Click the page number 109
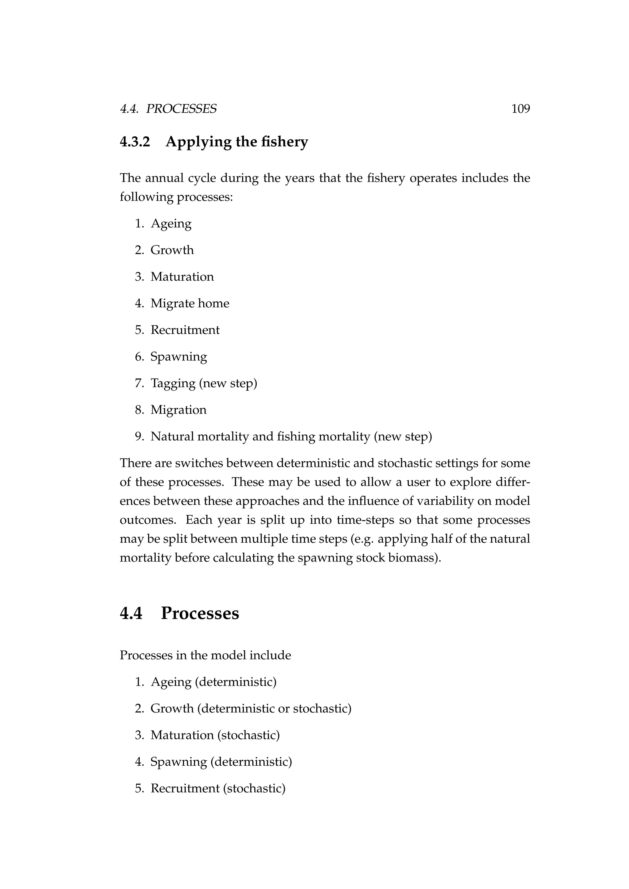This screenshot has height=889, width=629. [x=520, y=109]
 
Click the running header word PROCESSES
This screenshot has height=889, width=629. [x=181, y=109]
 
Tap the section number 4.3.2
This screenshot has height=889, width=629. [x=135, y=142]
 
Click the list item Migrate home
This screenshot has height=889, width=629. [x=190, y=303]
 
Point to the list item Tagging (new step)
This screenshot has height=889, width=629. [x=204, y=383]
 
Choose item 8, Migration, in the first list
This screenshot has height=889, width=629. [x=178, y=410]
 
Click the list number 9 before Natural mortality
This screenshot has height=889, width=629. [x=139, y=437]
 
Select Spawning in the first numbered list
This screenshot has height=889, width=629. [x=178, y=357]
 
